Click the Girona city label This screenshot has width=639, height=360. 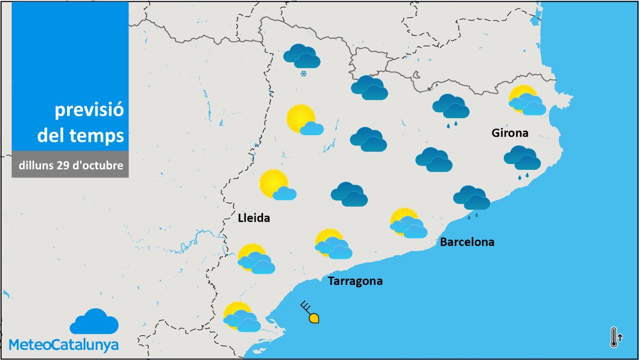(x=510, y=133)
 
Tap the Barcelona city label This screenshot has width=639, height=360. (x=467, y=242)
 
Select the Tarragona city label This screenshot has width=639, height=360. (x=355, y=281)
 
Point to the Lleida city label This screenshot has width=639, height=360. (x=254, y=218)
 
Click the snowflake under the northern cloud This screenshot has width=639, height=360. (x=303, y=73)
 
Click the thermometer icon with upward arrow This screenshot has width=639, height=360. (x=615, y=337)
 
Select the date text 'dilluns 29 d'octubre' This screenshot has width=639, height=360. (x=71, y=165)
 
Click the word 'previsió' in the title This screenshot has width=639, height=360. (x=89, y=111)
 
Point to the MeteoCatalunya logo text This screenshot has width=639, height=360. (x=64, y=345)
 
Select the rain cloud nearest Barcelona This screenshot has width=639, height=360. (x=472, y=198)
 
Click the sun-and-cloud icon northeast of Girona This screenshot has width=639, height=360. (x=527, y=101)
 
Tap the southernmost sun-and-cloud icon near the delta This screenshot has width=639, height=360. (x=241, y=317)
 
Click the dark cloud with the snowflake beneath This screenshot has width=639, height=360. (x=301, y=56)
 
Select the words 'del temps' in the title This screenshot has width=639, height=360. (x=80, y=136)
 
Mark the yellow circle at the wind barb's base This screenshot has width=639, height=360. (x=314, y=318)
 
